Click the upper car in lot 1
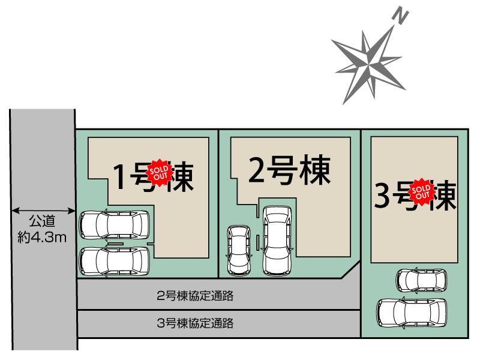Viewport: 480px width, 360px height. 115,224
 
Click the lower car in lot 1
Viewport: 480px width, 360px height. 115,261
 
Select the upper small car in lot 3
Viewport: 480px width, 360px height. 421,280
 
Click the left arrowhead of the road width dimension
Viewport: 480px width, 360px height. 15,212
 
